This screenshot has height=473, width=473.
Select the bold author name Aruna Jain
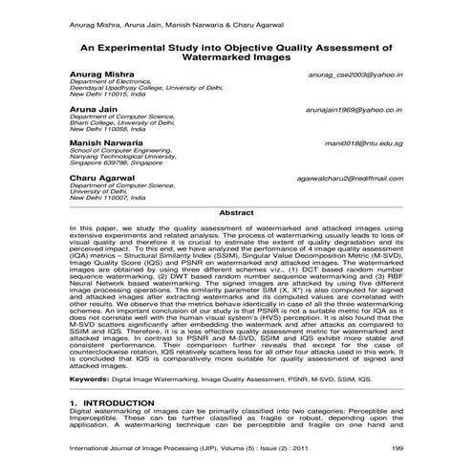tap(95, 110)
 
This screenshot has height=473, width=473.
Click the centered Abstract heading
tap(236, 212)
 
